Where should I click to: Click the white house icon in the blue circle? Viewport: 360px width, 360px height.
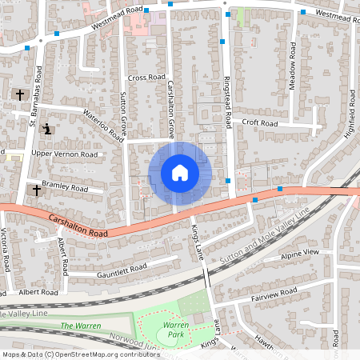click(x=179, y=173)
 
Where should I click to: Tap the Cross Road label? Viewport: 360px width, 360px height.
click(x=146, y=78)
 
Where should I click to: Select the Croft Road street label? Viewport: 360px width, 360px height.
click(x=260, y=123)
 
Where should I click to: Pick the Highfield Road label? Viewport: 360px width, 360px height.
click(x=349, y=116)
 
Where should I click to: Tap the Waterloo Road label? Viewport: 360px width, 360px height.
click(x=102, y=121)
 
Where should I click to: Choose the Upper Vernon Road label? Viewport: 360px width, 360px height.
click(x=64, y=154)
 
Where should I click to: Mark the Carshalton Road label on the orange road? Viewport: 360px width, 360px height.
click(x=78, y=224)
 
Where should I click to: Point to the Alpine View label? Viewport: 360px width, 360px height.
click(x=300, y=253)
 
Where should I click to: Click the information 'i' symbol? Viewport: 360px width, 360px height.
click(x=47, y=129)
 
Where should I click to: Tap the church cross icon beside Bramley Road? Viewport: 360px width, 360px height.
click(x=34, y=190)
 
